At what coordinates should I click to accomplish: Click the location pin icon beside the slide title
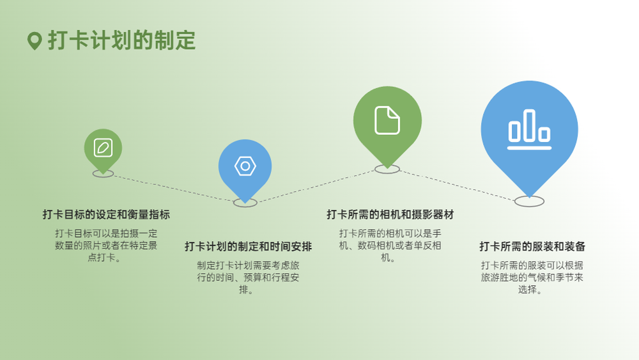click(35, 41)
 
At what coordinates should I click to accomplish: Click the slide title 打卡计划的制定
click(122, 40)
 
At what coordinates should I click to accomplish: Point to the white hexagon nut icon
click(245, 166)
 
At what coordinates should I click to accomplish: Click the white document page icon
click(387, 120)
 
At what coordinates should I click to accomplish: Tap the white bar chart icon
click(529, 129)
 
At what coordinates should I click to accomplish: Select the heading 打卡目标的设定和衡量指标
click(106, 214)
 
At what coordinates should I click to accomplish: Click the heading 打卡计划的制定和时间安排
click(248, 247)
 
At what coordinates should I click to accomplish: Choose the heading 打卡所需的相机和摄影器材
click(390, 214)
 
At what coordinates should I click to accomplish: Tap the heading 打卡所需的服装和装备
click(532, 247)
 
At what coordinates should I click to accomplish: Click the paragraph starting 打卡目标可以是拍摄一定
click(106, 246)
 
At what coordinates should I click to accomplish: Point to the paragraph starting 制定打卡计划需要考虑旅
click(248, 278)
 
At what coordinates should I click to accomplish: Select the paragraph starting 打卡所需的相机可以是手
click(390, 246)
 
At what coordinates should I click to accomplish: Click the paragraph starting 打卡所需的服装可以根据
click(532, 278)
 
